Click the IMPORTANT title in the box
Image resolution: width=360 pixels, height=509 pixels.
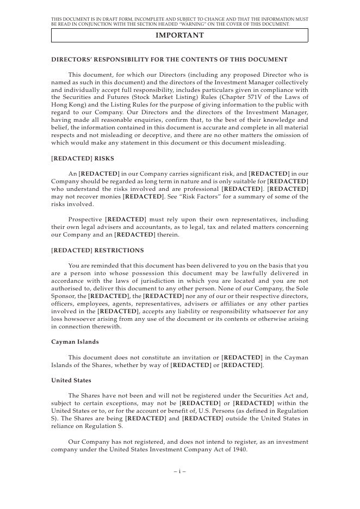click(179, 35)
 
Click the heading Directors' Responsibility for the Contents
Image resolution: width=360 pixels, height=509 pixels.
click(169, 59)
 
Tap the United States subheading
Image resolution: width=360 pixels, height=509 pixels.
click(71, 380)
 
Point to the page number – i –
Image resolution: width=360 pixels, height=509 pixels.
click(179, 471)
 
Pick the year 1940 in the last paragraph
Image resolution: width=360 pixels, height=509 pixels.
click(239, 450)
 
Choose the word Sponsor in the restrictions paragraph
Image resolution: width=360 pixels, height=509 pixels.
click(65, 296)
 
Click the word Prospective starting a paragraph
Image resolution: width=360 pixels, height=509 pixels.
click(86, 219)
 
